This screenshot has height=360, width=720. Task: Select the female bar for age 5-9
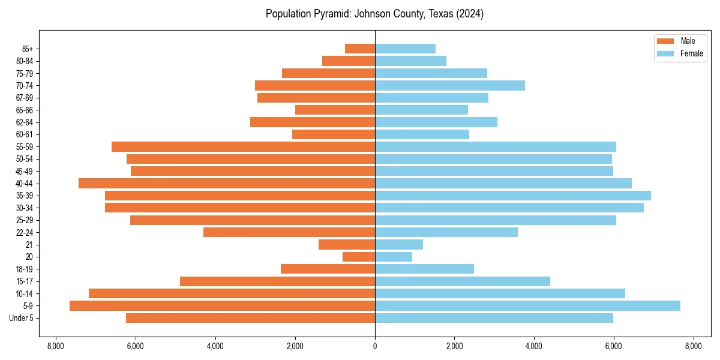tap(527, 306)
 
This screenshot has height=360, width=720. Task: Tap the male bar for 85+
tap(360, 49)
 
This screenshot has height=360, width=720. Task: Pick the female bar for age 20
tap(394, 257)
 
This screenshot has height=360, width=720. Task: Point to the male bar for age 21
tap(347, 245)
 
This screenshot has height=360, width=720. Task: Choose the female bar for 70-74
tap(450, 86)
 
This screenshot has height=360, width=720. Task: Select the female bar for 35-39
tap(513, 196)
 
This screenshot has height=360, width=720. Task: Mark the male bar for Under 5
tap(250, 318)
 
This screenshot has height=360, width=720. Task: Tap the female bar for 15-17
tap(463, 281)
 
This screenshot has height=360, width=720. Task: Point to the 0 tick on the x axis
tap(375, 346)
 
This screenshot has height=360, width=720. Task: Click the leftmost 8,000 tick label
tap(56, 346)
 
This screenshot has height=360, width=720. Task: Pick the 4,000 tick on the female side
tap(534, 346)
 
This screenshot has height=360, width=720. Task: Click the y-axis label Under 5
tap(22, 318)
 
